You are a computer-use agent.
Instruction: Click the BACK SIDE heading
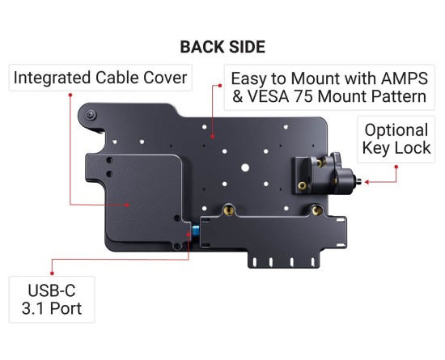tap(222, 47)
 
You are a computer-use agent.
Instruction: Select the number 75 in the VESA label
tap(303, 96)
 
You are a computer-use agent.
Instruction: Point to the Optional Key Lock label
tap(396, 139)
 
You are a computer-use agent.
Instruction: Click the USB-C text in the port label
tap(52, 290)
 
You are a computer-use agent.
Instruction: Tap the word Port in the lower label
tap(66, 308)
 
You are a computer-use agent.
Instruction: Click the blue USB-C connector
tap(196, 231)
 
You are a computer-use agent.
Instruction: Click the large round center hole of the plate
tap(245, 168)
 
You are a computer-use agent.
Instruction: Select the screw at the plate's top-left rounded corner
tap(91, 115)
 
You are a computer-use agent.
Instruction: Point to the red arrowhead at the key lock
tap(367, 182)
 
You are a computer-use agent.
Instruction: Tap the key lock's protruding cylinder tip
tap(358, 180)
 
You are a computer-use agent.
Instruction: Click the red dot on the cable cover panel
tap(128, 205)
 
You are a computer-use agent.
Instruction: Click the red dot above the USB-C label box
tap(52, 273)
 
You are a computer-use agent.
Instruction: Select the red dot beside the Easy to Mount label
tap(220, 86)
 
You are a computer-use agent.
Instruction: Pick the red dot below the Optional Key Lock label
tap(396, 167)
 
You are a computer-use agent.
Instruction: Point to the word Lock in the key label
tap(415, 148)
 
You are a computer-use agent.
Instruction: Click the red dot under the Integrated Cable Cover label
tap(70, 95)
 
